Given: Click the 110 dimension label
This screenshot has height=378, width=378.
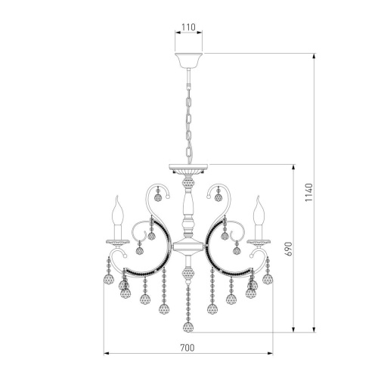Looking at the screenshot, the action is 188,27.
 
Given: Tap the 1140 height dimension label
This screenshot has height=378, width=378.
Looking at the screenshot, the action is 308,192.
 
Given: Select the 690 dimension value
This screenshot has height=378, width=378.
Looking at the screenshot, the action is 289,249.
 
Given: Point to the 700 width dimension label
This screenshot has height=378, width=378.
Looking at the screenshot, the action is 187,348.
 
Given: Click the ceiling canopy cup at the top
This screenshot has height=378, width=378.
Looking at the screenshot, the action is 188,60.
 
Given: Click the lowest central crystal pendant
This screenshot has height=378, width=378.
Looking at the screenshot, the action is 188,327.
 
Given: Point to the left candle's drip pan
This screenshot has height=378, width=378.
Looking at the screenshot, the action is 118,243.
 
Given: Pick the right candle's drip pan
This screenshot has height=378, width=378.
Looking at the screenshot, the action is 259,243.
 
